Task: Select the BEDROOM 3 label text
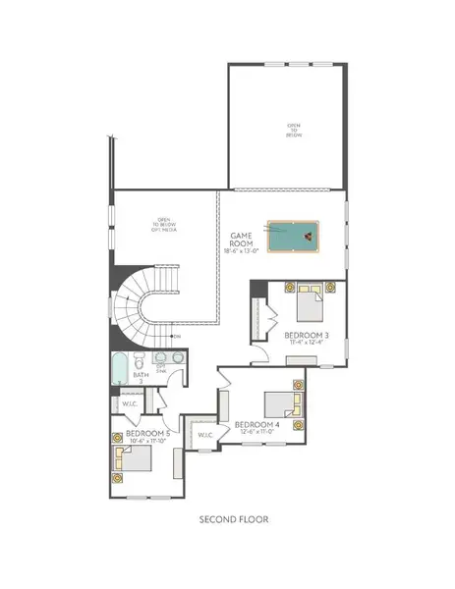(306, 336)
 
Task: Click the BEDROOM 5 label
(137, 433)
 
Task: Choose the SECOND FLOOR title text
(227, 519)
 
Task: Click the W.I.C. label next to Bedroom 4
(205, 435)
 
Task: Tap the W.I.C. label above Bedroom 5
(130, 403)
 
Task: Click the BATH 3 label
(140, 377)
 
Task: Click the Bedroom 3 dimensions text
(306, 345)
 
